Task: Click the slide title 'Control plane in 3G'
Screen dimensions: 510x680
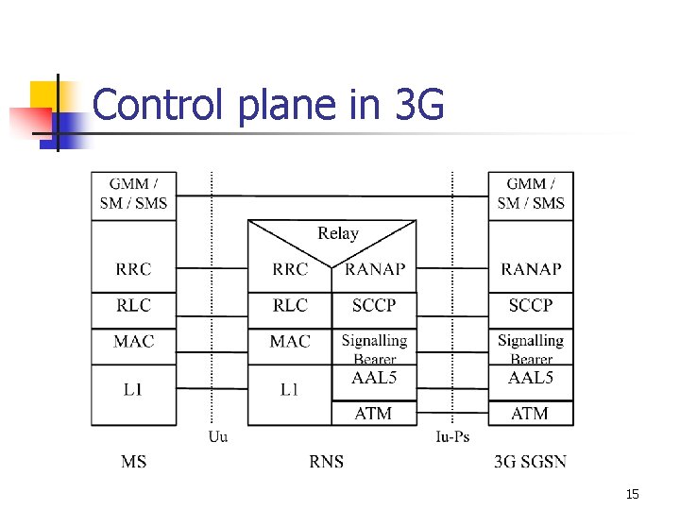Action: pyautogui.click(x=268, y=105)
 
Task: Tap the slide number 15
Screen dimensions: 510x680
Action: pyautogui.click(x=632, y=494)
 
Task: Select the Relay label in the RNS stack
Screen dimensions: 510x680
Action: pyautogui.click(x=337, y=233)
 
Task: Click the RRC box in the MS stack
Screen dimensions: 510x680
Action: pyautogui.click(x=133, y=269)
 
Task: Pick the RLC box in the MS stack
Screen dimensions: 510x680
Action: pyautogui.click(x=133, y=306)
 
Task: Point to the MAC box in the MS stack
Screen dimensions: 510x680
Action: pyautogui.click(x=133, y=341)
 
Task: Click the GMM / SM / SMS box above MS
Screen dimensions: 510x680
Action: pyautogui.click(x=133, y=194)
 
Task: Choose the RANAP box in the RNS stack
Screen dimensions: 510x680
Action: pyautogui.click(x=375, y=269)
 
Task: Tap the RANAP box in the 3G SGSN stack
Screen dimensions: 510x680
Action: pyautogui.click(x=531, y=269)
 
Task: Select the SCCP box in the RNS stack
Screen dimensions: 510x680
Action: pyautogui.click(x=374, y=306)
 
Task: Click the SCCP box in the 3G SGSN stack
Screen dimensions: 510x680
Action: pyautogui.click(x=531, y=306)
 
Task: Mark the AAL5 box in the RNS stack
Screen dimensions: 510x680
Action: pyautogui.click(x=374, y=378)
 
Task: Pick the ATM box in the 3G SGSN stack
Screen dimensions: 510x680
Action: pyautogui.click(x=530, y=413)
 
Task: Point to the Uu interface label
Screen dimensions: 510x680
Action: pyautogui.click(x=217, y=436)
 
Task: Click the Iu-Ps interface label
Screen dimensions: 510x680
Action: pyautogui.click(x=452, y=436)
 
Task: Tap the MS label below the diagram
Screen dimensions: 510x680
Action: pyautogui.click(x=134, y=462)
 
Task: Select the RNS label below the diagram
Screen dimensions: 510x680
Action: pyautogui.click(x=327, y=462)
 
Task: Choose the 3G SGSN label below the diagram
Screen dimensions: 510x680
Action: pyautogui.click(x=531, y=462)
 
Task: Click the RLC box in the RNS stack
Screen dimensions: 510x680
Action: pyautogui.click(x=290, y=306)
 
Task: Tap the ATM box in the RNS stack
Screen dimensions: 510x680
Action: pyautogui.click(x=374, y=413)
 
